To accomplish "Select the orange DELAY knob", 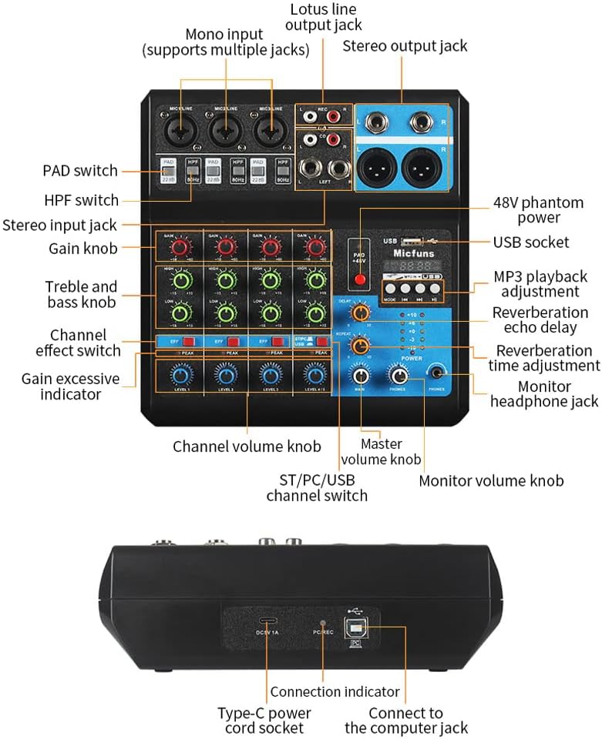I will tap(359, 312).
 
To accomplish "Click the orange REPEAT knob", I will tap(359, 346).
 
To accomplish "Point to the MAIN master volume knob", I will tap(359, 376).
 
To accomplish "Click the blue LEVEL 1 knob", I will tap(180, 374).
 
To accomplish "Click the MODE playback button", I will tap(388, 290).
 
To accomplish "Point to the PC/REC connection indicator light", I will tap(323, 621).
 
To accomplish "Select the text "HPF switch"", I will tap(81, 200).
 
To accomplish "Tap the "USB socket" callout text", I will tap(531, 242).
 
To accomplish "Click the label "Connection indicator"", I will tap(335, 691).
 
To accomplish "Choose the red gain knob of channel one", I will tap(180, 246).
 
